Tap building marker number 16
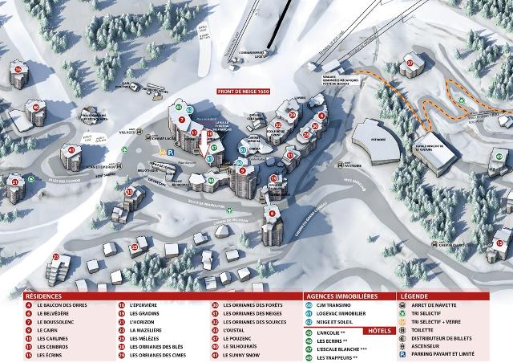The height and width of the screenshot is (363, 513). point(18,70)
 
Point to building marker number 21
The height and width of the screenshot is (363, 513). point(14,182)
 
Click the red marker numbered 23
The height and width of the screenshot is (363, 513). point(56,257)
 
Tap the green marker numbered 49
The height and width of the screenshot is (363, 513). point(211,181)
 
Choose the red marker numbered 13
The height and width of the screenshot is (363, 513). point(128,192)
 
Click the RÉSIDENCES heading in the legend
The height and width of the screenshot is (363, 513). point(43,296)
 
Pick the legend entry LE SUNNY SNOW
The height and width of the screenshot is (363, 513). point(245,354)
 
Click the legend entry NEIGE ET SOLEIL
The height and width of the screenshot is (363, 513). point(337,322)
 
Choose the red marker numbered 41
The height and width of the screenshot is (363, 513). point(72,149)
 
